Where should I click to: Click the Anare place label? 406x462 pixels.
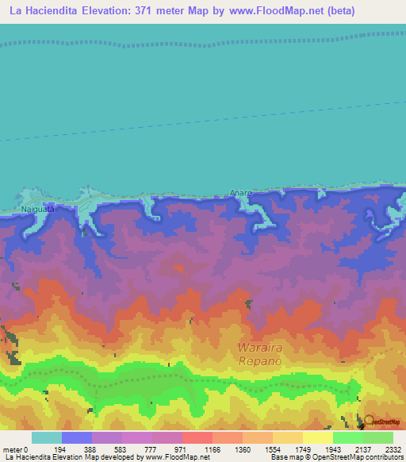[240, 192]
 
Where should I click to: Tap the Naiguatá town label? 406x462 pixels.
[39, 210]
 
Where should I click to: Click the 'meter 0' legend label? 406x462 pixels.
[14, 449]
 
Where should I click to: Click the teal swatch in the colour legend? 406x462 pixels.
[47, 437]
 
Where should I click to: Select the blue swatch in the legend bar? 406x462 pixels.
[77, 437]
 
